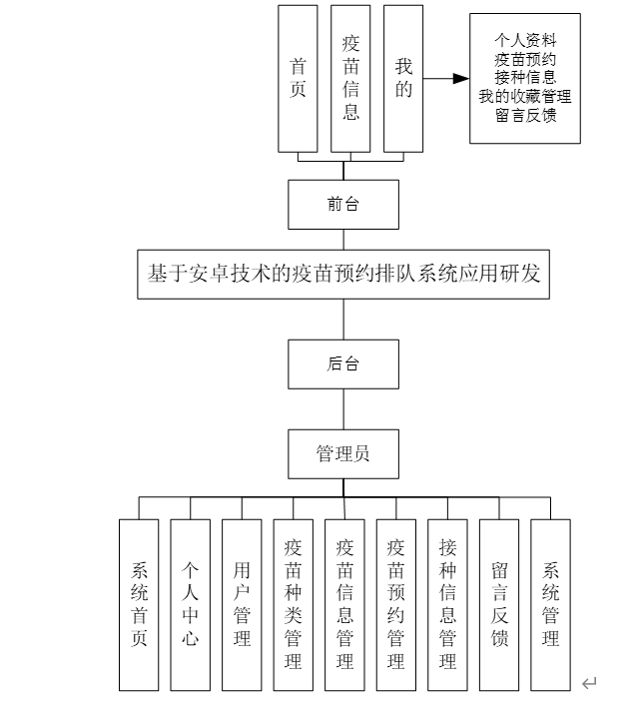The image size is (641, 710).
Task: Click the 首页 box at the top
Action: click(298, 78)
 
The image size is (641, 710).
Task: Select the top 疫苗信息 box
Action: click(350, 78)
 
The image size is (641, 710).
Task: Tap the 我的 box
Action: click(403, 78)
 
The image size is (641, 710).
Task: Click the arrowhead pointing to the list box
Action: click(460, 79)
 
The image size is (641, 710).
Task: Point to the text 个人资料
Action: click(525, 42)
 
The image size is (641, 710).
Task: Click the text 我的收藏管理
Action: click(525, 97)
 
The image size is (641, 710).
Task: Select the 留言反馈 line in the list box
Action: click(525, 115)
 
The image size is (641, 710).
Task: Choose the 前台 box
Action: click(343, 204)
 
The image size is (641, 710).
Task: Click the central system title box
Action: click(343, 274)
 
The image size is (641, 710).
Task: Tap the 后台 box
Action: click(343, 364)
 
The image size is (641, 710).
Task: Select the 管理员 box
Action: click(343, 453)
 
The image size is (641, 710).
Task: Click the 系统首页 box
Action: click(139, 604)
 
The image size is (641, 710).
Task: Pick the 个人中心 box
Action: click(190, 604)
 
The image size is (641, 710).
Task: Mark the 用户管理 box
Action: click(242, 604)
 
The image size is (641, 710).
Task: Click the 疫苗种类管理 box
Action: click(293, 604)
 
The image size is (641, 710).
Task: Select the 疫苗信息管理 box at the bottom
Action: click(344, 604)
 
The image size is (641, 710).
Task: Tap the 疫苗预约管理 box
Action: click(395, 604)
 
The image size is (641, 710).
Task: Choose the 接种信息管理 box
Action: click(447, 604)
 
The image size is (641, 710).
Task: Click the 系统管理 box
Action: click(550, 604)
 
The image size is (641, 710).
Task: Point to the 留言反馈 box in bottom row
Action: click(499, 604)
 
